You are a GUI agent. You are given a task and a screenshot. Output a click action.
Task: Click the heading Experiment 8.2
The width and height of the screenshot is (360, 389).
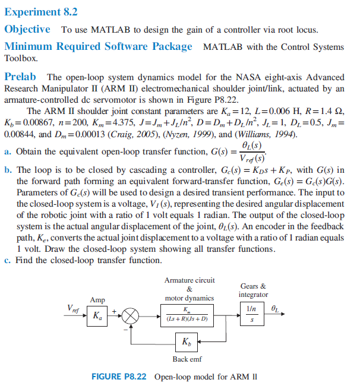(x=41, y=11)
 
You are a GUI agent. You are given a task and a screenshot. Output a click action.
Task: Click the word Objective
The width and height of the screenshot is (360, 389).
(x=27, y=29)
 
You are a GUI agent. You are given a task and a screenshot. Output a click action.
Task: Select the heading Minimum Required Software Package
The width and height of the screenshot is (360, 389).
(x=98, y=46)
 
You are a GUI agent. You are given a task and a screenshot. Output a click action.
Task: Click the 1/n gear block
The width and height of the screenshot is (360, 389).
(x=253, y=309)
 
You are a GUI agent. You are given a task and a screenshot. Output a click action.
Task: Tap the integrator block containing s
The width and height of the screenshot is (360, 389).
(x=253, y=321)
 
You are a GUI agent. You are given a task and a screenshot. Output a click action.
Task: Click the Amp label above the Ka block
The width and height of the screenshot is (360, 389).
(x=97, y=300)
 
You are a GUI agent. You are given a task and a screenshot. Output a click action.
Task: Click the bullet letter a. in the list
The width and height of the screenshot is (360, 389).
(x=8, y=151)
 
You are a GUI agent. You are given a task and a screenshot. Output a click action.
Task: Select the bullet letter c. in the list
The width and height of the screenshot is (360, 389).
(x=8, y=260)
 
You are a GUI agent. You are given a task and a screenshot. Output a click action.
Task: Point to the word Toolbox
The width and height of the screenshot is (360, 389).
(x=21, y=59)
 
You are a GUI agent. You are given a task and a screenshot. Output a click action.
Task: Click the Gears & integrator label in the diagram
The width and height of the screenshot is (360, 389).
(x=253, y=290)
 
